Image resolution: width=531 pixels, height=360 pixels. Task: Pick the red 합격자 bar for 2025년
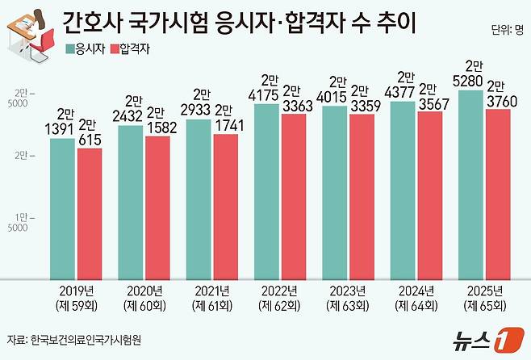(x=498, y=195)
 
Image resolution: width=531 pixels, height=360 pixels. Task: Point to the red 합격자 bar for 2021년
(x=226, y=207)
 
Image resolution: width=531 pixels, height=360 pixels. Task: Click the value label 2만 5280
(x=470, y=73)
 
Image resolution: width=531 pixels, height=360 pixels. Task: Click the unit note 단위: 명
(x=507, y=31)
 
